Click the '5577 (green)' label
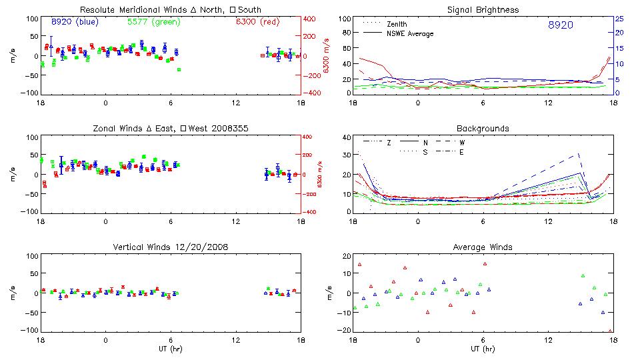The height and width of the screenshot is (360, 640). tap(153, 22)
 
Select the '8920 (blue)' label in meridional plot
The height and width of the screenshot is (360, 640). tap(75, 22)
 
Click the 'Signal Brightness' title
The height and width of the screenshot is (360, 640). tap(483, 9)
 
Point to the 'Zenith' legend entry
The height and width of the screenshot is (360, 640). tap(398, 23)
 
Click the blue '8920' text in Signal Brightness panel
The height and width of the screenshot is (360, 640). tap(559, 25)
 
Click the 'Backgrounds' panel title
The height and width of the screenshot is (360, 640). tap(483, 128)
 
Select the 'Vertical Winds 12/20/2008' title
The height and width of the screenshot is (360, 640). tap(171, 247)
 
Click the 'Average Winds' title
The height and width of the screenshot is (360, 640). tap(483, 247)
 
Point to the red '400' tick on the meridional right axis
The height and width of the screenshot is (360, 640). tap(311, 19)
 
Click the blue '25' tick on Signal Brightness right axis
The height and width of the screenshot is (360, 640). tap(619, 19)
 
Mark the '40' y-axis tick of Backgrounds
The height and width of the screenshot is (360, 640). tap(346, 138)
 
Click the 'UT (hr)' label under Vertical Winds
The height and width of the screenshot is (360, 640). tap(171, 349)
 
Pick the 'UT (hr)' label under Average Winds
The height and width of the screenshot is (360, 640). tap(483, 349)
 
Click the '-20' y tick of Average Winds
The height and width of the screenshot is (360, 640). tap(345, 331)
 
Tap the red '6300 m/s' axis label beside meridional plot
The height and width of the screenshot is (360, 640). tap(326, 56)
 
